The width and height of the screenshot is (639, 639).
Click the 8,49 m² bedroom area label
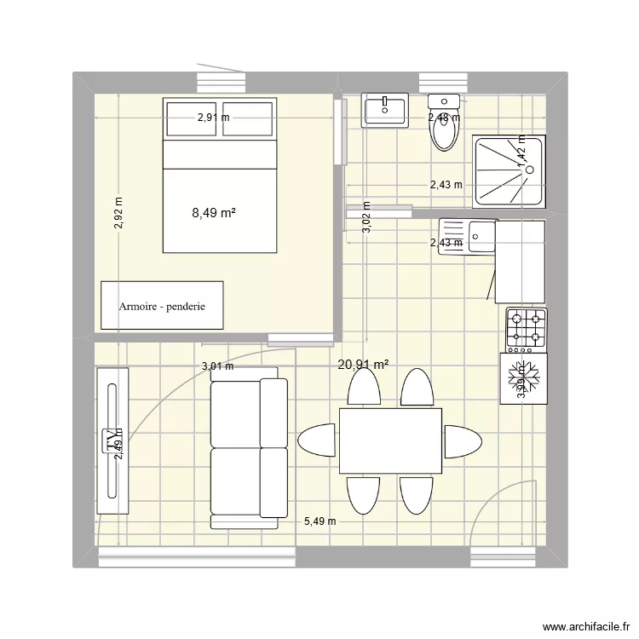214,214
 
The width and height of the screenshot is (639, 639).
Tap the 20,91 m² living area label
363,366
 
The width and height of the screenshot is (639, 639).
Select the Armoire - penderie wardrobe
162,305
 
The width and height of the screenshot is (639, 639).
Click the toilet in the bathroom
445,127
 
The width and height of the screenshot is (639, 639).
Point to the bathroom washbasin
385,111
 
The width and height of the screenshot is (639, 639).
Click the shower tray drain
529,170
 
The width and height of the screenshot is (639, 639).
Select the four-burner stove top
526,329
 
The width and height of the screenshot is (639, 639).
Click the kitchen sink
468,234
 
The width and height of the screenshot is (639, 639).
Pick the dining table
390,440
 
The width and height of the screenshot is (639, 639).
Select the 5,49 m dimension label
319,521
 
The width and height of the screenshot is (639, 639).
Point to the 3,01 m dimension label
217,367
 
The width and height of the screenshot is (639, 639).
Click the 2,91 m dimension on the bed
213,118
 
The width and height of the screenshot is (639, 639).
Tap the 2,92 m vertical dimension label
118,214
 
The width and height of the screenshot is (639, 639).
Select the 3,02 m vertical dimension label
366,217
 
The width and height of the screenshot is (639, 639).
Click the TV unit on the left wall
112,440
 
